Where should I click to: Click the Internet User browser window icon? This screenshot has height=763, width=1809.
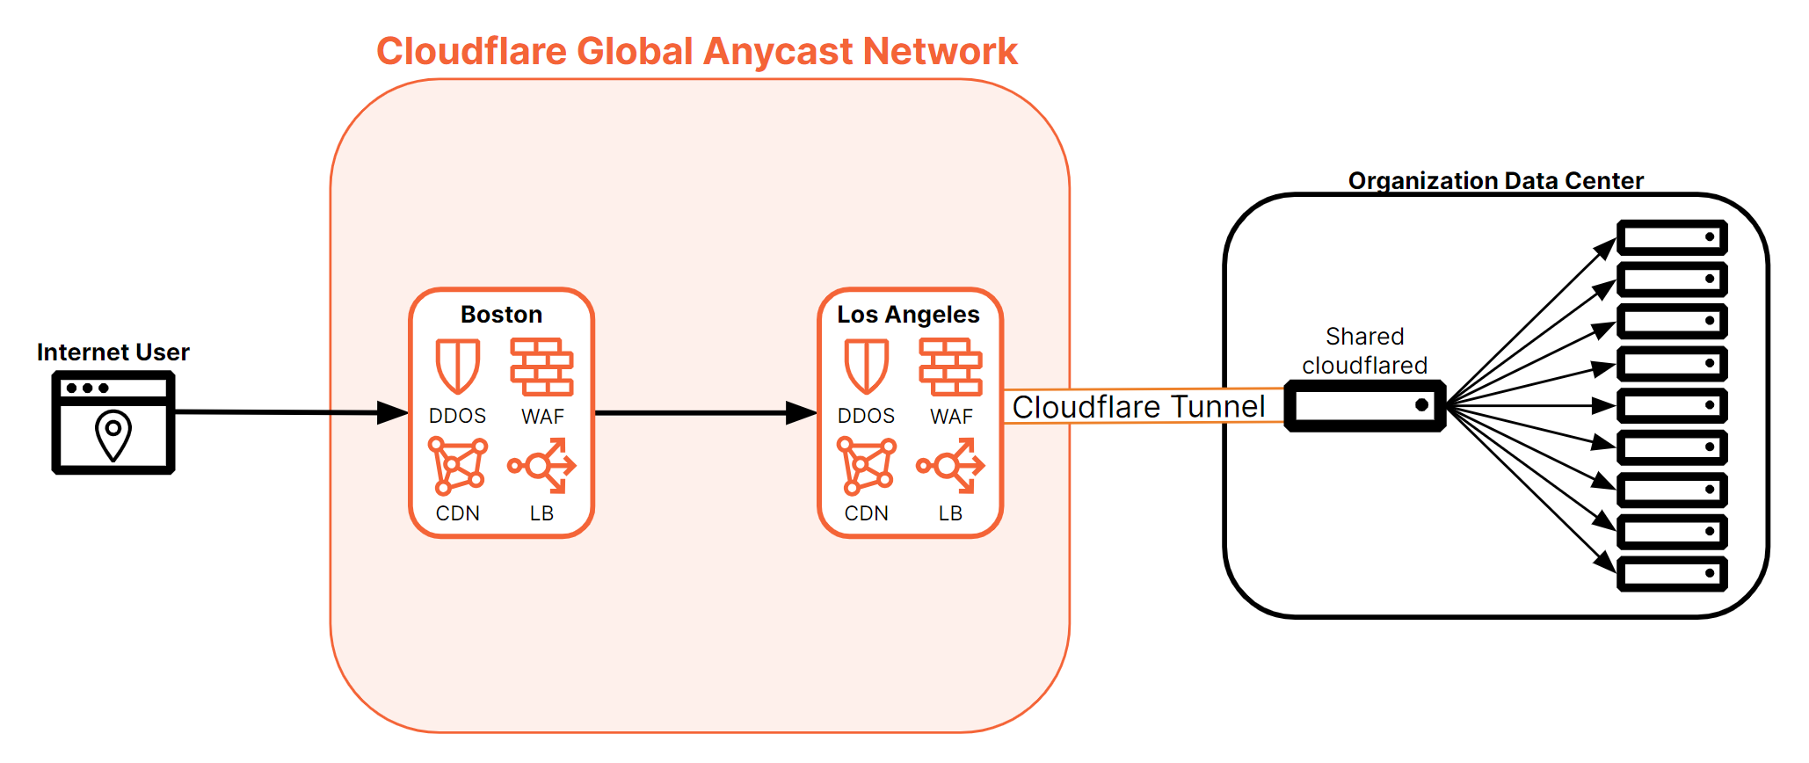(x=113, y=423)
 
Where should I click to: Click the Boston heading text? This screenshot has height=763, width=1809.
(x=501, y=315)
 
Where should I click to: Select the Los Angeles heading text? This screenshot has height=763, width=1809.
(x=908, y=315)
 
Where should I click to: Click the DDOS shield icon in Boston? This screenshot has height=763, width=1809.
(x=457, y=366)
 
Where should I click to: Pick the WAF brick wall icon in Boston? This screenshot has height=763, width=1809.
(x=541, y=367)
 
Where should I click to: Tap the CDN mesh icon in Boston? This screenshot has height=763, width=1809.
(x=457, y=466)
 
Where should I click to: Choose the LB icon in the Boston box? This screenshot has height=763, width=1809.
(x=542, y=465)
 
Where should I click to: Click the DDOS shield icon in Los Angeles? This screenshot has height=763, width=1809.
(x=866, y=366)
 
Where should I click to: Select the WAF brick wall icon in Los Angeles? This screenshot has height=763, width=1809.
(x=950, y=367)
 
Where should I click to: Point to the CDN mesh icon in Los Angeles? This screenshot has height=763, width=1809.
(x=866, y=466)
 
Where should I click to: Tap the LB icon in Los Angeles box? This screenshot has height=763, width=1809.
(x=951, y=465)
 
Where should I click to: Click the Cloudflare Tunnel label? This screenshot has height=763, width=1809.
(x=1138, y=407)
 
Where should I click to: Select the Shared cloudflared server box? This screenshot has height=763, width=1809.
(x=1364, y=405)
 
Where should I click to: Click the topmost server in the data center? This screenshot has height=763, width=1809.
(x=1672, y=237)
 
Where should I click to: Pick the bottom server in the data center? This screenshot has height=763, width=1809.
(x=1672, y=574)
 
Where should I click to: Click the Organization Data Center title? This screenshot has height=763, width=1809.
(x=1495, y=181)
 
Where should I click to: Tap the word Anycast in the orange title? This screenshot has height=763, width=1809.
(x=777, y=51)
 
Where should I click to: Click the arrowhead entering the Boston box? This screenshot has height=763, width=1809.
(x=393, y=412)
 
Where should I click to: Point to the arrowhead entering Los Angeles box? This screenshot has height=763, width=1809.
(x=801, y=412)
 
